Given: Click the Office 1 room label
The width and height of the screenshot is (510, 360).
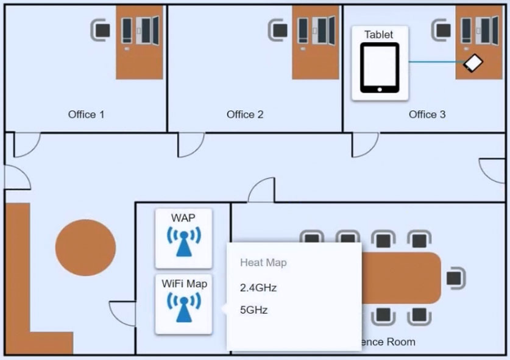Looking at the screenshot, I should click(86, 114).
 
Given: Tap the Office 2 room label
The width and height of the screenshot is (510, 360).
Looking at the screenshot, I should click(245, 114).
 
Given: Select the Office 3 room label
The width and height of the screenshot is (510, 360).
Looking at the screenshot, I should click(427, 114).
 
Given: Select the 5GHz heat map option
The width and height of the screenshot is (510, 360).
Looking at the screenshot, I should click(254, 310).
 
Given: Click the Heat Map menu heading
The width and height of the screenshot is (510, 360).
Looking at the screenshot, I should click(263, 263).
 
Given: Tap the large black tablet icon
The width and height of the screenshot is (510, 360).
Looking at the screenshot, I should click(379, 68).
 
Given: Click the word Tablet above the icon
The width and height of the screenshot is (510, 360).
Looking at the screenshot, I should click(379, 35).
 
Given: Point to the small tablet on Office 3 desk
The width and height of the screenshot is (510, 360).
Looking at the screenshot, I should click(473, 63).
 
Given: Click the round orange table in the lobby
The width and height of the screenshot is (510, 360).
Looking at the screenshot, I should click(85, 247).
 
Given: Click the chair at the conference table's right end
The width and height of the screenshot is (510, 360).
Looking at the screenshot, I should click(455, 278).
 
